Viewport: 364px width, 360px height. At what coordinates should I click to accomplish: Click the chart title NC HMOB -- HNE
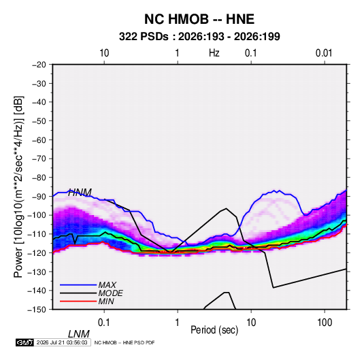pyautogui.click(x=199, y=19)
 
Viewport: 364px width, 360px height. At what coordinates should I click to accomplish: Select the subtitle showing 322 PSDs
pyautogui.click(x=199, y=37)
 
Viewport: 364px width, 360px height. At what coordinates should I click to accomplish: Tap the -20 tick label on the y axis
pyautogui.click(x=39, y=65)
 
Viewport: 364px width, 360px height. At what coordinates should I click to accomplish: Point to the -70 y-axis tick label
pyautogui.click(x=39, y=159)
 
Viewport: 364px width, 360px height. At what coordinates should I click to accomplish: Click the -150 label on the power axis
pyautogui.click(x=37, y=310)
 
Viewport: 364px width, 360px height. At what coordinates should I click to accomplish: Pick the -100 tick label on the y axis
pyautogui.click(x=37, y=215)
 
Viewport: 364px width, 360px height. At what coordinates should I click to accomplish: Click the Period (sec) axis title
pyautogui.click(x=214, y=330)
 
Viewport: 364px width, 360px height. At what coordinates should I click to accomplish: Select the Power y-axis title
pyautogui.click(x=18, y=187)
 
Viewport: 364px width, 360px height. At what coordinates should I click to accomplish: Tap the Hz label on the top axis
pyautogui.click(x=214, y=53)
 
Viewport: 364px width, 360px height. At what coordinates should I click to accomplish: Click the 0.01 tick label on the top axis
pyautogui.click(x=324, y=53)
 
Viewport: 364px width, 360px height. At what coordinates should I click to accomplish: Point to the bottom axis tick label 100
pyautogui.click(x=325, y=323)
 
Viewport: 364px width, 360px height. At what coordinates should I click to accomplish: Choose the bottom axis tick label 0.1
pyautogui.click(x=104, y=323)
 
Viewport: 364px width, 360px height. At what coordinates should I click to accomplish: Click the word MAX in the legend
pyautogui.click(x=107, y=285)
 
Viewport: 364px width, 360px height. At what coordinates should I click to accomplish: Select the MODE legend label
pyautogui.click(x=110, y=293)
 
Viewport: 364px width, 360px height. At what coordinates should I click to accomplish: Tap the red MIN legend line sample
pyautogui.click(x=78, y=301)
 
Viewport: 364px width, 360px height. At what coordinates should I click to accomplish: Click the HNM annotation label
pyautogui.click(x=80, y=193)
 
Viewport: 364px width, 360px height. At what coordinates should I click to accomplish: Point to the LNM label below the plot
pyautogui.click(x=79, y=334)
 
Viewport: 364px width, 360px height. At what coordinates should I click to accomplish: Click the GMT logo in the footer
pyautogui.click(x=25, y=342)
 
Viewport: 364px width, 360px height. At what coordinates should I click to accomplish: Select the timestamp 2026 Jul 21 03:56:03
pyautogui.click(x=62, y=342)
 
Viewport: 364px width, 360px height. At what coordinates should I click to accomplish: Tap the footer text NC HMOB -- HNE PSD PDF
pyautogui.click(x=125, y=342)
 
